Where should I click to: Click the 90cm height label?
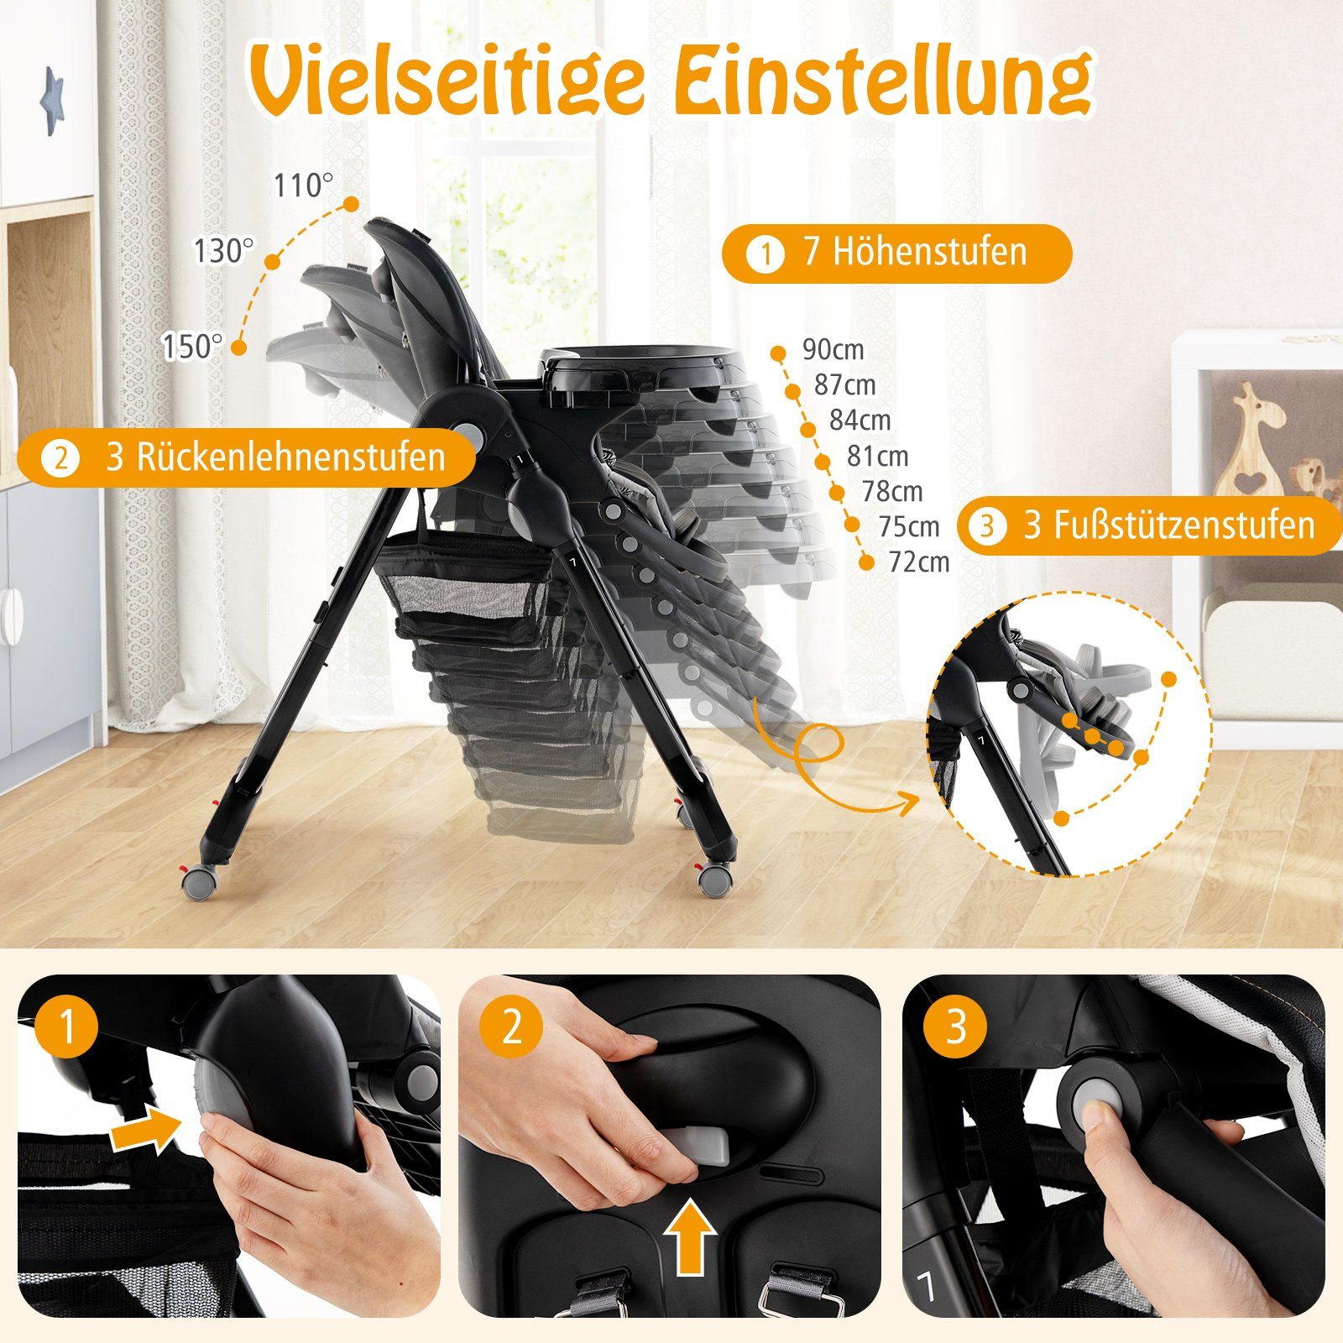coord(832,349)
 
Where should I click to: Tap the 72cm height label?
coord(918,562)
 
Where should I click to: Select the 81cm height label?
coord(877,456)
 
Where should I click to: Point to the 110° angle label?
coord(303,186)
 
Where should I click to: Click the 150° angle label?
coord(193,346)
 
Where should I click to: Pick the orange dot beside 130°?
coord(272,263)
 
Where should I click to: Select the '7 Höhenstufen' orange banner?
coord(896,253)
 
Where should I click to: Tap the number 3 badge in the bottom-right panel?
coord(956,1027)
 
